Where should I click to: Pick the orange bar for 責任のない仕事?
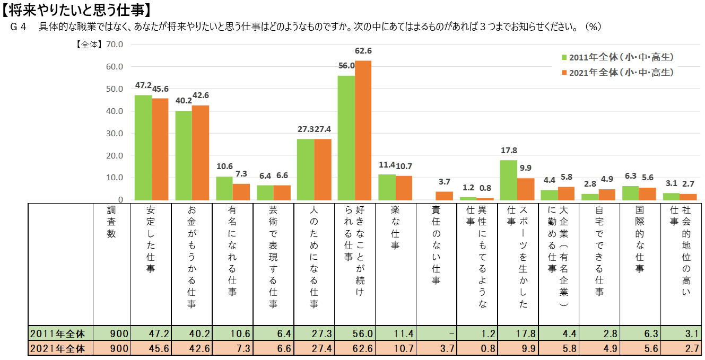pos(445,196)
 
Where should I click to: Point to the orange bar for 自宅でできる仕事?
pos(607,195)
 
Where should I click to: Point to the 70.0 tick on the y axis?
pos(115,45)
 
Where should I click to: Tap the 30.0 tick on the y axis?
pos(115,134)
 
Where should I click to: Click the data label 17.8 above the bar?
pos(508,150)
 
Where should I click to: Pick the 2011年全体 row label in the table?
pos(58,333)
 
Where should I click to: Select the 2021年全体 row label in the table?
pos(58,349)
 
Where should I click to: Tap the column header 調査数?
pos(111,223)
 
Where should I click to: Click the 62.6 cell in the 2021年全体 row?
pos(363,349)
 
